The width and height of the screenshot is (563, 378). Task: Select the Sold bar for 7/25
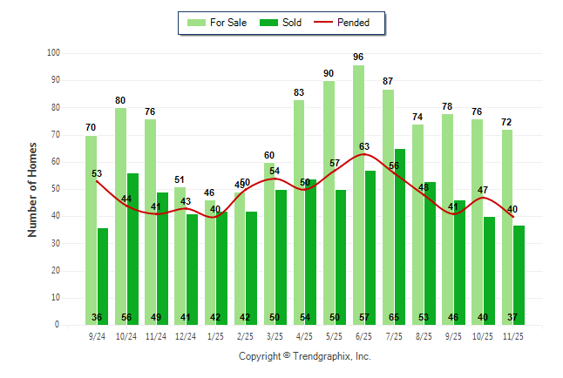point(399,235)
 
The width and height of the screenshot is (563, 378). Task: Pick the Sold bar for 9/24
point(103,275)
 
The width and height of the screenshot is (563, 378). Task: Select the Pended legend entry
point(349,23)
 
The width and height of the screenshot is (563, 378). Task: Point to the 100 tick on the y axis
point(53,53)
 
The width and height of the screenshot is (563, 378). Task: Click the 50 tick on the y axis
point(55,189)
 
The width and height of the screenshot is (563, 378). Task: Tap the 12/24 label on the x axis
point(186,335)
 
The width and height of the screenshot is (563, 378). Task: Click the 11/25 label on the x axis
point(512,335)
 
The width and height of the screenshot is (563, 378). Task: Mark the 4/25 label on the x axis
point(304,335)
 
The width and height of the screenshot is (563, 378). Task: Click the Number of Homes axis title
point(33,189)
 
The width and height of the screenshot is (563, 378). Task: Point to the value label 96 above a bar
point(358,57)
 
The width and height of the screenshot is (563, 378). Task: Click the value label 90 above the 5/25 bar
point(329,73)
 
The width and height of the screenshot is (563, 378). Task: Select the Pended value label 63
point(365,147)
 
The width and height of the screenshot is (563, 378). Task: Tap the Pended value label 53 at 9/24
point(97,174)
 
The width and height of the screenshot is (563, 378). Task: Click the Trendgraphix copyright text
point(305,356)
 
